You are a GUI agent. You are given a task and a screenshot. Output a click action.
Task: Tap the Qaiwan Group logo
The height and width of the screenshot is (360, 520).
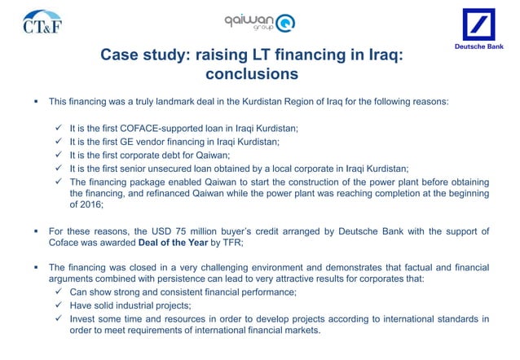(x=260, y=23)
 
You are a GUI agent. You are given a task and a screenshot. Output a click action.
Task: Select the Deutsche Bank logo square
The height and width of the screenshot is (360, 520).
(x=483, y=27)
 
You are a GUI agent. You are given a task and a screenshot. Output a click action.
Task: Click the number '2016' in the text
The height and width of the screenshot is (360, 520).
(x=88, y=207)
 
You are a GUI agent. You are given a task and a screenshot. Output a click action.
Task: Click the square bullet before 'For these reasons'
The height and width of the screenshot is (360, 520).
(x=36, y=233)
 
